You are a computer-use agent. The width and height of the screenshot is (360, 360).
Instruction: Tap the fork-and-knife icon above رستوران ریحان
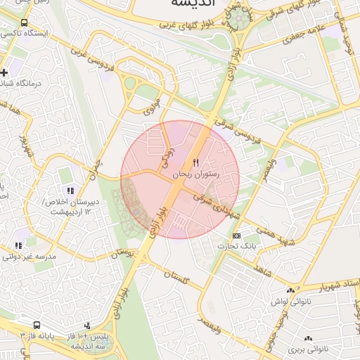[x=196, y=162]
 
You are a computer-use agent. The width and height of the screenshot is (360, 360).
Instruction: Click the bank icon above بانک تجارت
[x=236, y=236]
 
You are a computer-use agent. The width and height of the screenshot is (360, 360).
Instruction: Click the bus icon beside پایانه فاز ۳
[x=36, y=326]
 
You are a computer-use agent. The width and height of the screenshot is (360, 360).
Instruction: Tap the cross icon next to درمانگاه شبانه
[x=5, y=72]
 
